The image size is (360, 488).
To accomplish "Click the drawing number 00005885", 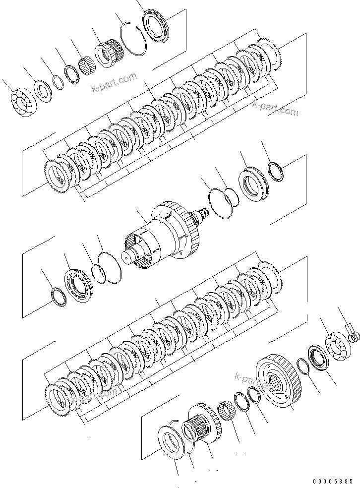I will tap(333, 481).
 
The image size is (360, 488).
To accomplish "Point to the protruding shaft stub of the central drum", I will tap(129, 257).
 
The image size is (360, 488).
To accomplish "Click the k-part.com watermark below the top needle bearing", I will tap(114, 83).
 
